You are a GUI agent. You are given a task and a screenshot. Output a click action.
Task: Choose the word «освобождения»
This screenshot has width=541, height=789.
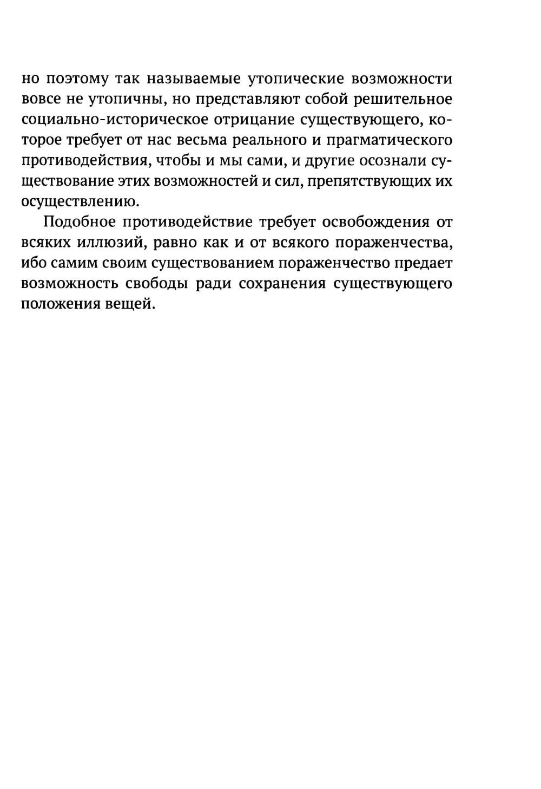pos(368,222)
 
